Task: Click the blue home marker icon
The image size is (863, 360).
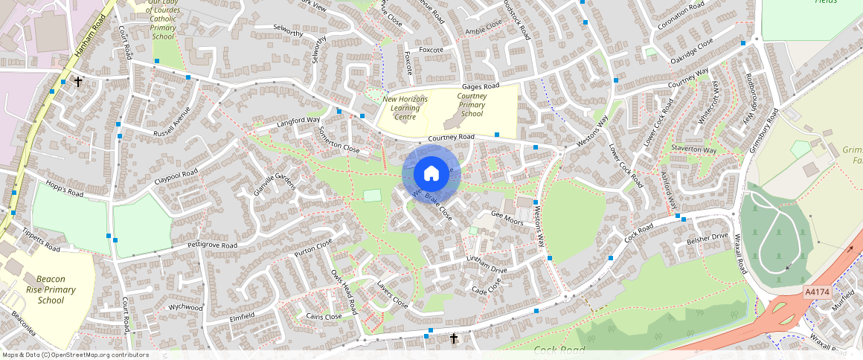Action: pos(431,174)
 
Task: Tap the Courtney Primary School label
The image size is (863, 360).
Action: pos(472,105)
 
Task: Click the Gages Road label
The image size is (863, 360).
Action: pos(480,86)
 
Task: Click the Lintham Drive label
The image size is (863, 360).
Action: pos(486,263)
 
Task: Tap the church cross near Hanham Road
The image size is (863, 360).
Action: pos(77,82)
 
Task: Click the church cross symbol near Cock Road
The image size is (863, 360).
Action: pos(454,338)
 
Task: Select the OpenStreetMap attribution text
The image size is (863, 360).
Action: pos(75,355)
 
